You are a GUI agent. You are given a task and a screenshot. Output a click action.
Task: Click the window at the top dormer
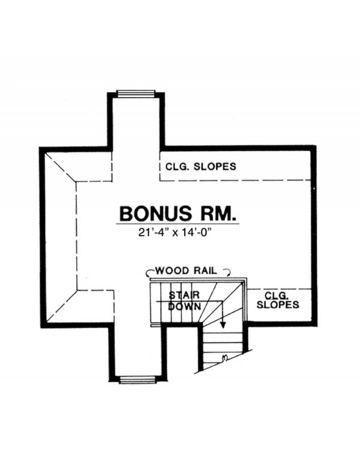(x=136, y=94)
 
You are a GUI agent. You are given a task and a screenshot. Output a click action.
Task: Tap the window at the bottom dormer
(x=138, y=379)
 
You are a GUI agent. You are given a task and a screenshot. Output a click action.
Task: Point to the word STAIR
(x=184, y=295)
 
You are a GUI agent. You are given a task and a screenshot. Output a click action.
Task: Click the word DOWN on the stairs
(x=184, y=306)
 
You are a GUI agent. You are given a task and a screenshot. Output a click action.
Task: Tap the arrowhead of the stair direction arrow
(x=223, y=324)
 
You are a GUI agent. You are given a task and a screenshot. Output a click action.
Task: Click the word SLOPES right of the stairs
(x=278, y=305)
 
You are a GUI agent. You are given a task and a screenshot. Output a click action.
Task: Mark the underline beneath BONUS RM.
(x=178, y=224)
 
